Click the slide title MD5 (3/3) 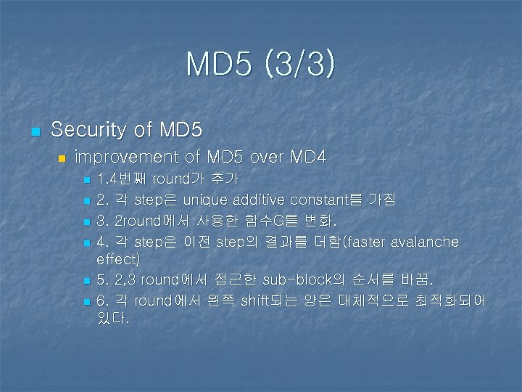[x=261, y=64]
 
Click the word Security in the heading [x=82, y=131]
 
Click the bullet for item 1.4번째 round [x=86, y=179]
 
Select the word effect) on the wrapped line [x=118, y=258]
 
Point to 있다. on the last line [x=113, y=318]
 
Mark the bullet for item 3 [x=86, y=221]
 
